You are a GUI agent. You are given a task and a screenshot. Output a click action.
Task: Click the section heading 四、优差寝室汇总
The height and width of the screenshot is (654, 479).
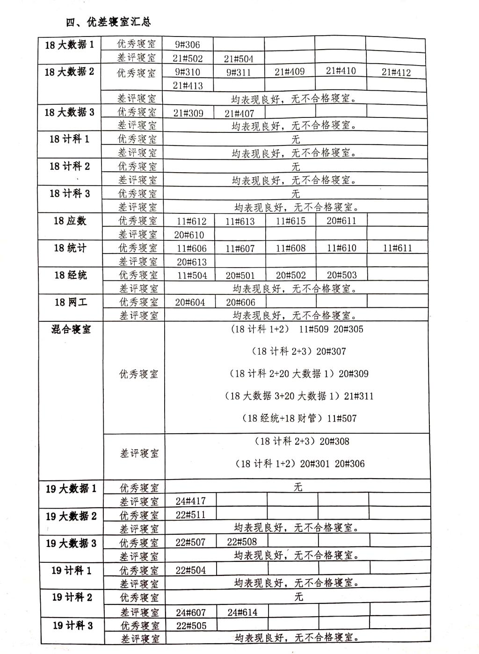coord(108,22)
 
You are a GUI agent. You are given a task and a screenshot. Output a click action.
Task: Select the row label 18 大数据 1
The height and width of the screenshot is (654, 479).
coord(69,44)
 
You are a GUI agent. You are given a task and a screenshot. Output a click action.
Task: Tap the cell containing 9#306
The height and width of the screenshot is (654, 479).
coord(187,45)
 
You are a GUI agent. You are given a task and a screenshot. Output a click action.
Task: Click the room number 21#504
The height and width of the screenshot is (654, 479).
coord(239,58)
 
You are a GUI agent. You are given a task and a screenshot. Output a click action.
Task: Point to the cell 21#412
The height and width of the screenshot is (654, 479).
coord(396,72)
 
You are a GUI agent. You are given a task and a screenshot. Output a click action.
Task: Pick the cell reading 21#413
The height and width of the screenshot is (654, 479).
coord(188,85)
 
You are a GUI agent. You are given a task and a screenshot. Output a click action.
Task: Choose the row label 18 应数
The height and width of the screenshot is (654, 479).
coord(70,221)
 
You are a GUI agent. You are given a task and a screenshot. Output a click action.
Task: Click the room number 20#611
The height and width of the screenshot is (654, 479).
coord(341,220)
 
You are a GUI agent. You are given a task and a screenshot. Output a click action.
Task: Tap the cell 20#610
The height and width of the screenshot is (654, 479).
coord(189,234)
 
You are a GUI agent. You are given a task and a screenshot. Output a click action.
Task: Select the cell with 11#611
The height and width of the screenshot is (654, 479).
coord(397,248)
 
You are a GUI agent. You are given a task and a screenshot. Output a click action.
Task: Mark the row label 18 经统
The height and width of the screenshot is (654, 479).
coord(71,275)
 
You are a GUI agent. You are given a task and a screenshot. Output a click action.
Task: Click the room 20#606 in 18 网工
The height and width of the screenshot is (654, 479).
coord(241,302)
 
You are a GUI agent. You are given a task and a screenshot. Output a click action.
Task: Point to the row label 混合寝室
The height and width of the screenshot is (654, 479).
coord(71,329)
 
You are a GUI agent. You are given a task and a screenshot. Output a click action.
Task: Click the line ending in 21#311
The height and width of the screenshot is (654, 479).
coord(299,396)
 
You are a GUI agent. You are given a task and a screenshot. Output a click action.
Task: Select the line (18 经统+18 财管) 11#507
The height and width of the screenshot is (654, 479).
coord(299,418)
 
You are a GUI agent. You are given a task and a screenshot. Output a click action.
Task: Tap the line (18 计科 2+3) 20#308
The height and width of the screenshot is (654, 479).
coord(302,441)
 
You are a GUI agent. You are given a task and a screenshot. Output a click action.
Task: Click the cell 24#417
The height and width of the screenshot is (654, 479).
coord(190,501)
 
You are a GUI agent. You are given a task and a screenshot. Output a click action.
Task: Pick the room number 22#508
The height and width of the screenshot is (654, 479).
coord(242,542)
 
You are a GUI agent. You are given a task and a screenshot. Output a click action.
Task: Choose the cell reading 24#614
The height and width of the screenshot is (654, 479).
coord(242,612)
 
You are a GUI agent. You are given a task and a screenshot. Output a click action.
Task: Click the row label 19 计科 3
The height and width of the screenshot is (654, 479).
coord(73,625)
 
